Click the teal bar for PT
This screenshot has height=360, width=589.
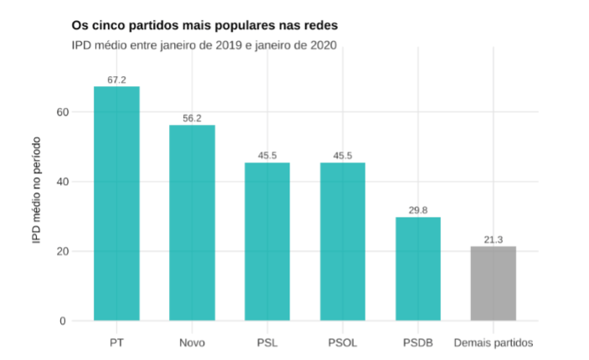(x=116, y=203)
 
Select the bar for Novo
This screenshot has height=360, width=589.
(x=192, y=223)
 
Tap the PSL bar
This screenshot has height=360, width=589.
(x=267, y=241)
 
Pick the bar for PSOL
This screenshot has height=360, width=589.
(x=342, y=241)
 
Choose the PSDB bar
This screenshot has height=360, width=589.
(x=417, y=269)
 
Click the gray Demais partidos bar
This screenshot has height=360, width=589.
(x=493, y=283)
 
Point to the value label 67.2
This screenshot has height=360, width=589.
(x=116, y=80)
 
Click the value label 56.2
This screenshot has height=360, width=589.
(x=192, y=118)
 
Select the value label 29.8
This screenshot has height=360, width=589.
(x=417, y=210)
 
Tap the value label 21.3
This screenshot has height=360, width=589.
(x=493, y=239)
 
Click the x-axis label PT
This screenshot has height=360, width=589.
(x=116, y=342)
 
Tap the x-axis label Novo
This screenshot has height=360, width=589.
(x=192, y=342)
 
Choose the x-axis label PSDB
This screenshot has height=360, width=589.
(x=417, y=342)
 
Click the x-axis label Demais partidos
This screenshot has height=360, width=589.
(x=493, y=342)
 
